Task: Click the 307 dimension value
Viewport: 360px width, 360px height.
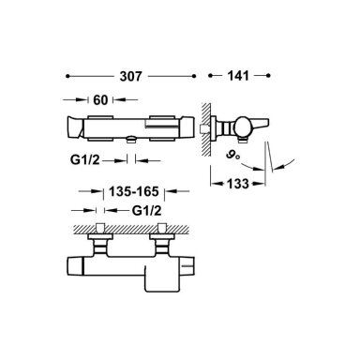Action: tap(130, 76)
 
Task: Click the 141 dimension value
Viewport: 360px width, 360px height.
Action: tap(238, 76)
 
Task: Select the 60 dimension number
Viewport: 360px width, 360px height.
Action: tap(100, 100)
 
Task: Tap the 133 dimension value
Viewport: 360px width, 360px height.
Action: tap(238, 184)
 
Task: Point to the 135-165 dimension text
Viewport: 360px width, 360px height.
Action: tap(134, 191)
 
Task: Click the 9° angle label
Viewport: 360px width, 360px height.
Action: tap(233, 155)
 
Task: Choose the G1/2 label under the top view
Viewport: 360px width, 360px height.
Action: tap(85, 160)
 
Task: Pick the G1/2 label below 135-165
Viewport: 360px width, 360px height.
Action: tap(146, 211)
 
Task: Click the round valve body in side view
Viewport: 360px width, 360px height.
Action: tap(244, 127)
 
